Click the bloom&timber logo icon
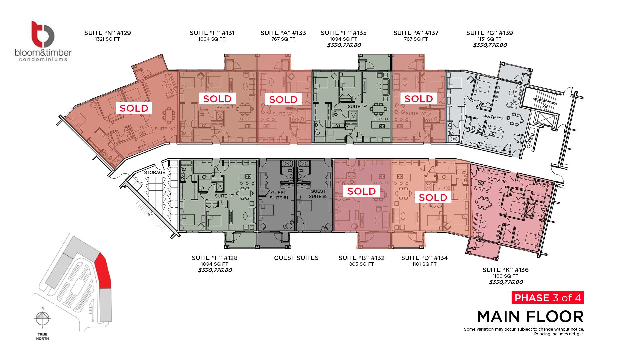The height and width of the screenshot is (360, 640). click(43, 34)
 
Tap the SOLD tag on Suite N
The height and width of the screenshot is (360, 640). click(134, 108)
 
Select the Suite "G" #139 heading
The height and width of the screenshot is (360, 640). click(489, 33)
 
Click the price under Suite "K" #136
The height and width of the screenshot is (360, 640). click(506, 282)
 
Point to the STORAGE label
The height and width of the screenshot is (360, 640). click(155, 172)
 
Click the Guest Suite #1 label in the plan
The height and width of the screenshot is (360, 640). click(279, 195)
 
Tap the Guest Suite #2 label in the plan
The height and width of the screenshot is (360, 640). click(318, 194)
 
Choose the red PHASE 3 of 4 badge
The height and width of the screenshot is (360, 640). click(548, 298)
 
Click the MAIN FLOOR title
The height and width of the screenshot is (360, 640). click(530, 317)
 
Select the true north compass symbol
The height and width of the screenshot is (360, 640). click(43, 317)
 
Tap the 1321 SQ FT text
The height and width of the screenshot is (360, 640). click(107, 39)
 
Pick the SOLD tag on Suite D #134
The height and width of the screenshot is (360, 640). click(433, 197)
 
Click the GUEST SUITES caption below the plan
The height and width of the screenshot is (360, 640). click(296, 258)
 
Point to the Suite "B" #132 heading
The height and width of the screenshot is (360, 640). click(361, 258)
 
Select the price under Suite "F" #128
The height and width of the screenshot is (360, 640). click(215, 270)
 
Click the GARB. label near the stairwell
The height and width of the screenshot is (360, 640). click(530, 141)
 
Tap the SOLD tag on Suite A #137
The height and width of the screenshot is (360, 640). click(419, 99)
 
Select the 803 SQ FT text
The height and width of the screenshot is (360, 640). click(361, 264)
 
